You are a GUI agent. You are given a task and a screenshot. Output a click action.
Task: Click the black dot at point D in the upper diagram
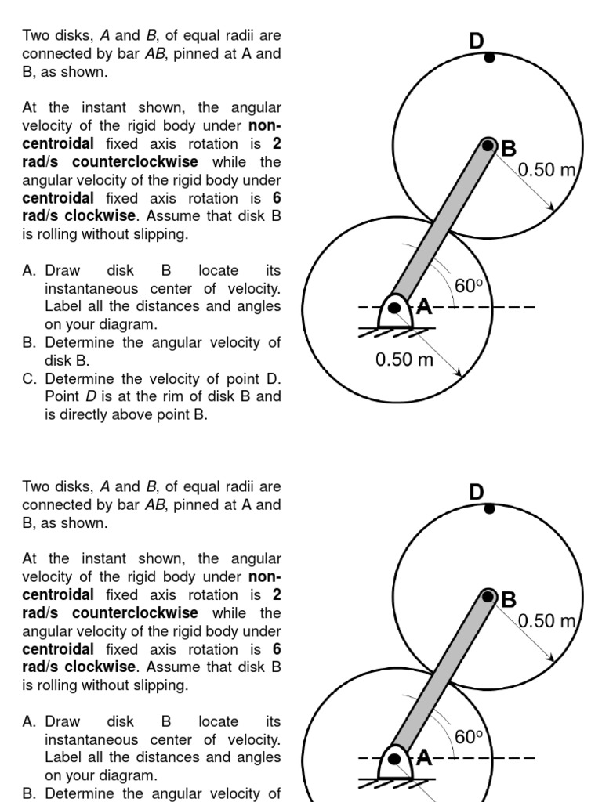click(489, 57)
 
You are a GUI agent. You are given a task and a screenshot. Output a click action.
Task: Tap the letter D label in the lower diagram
click(477, 492)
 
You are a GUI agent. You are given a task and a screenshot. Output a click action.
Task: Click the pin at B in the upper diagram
click(489, 146)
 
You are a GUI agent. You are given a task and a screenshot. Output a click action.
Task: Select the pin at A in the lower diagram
click(396, 758)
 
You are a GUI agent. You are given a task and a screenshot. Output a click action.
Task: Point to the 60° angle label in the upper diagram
click(468, 286)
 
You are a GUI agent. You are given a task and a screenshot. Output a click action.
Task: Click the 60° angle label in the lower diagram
click(468, 736)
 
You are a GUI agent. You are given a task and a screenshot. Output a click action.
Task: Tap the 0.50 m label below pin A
click(404, 360)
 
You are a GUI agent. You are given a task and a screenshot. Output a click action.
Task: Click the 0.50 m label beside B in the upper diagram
click(547, 170)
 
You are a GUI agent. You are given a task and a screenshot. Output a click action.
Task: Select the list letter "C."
click(31, 378)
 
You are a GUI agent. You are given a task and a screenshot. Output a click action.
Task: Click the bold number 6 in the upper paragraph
click(277, 198)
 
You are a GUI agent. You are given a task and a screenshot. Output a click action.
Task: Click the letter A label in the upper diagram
click(424, 306)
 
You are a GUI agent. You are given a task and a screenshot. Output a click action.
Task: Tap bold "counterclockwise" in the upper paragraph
click(135, 162)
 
